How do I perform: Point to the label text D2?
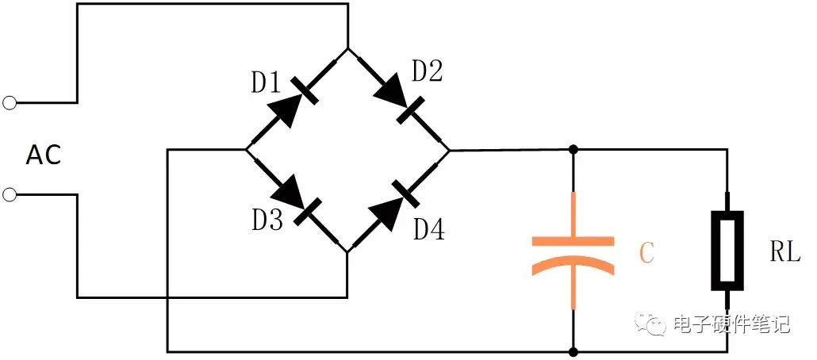[x=427, y=71]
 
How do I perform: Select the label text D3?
[x=267, y=220]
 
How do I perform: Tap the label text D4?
[x=429, y=229]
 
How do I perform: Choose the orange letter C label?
[x=646, y=253]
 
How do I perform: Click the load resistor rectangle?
[x=727, y=249]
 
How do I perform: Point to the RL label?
[x=784, y=252]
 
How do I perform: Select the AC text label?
[x=44, y=156]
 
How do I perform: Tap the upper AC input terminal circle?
[x=10, y=102]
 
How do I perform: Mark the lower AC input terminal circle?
[x=10, y=195]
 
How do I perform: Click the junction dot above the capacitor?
[x=573, y=149]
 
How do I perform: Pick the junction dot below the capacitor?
[x=573, y=350]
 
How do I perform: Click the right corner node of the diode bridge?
[x=448, y=149]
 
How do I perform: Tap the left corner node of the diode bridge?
[x=247, y=149]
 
